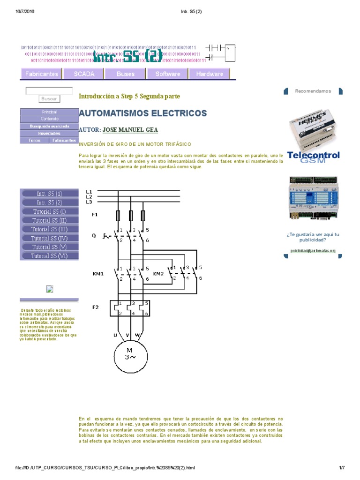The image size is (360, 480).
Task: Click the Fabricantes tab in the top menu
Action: coord(41,74)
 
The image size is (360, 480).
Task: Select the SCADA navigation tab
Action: coord(84,74)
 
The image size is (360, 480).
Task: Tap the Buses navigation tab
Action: coord(125,74)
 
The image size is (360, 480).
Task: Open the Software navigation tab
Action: coord(167,74)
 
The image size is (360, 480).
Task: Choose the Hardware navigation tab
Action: coord(210,74)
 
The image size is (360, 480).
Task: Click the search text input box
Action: coord(49,91)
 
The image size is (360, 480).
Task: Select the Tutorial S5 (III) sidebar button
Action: coord(49,229)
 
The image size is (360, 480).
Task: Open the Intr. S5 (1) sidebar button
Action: coord(49,194)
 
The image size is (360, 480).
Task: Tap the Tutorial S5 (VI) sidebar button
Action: coord(49,256)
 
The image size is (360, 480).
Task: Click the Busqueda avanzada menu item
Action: coord(49,126)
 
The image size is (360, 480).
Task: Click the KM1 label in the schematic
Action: coord(97,273)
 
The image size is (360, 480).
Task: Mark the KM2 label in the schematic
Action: coord(158,273)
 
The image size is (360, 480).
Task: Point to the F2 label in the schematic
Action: coord(95,307)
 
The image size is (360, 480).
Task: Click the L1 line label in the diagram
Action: coord(89,191)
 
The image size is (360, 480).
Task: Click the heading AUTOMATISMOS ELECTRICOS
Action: coord(142,113)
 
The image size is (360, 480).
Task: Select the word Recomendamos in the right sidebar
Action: coord(313,91)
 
